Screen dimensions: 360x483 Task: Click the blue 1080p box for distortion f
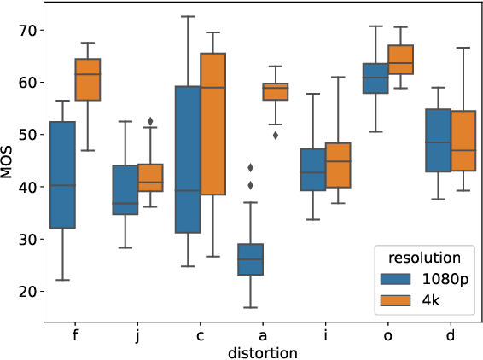click(x=62, y=175)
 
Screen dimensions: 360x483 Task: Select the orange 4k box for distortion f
click(x=88, y=79)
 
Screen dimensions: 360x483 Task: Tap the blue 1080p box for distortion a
click(x=250, y=258)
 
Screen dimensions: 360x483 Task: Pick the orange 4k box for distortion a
click(x=275, y=91)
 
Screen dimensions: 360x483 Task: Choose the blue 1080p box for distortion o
click(x=375, y=78)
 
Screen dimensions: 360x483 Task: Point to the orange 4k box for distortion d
click(x=463, y=141)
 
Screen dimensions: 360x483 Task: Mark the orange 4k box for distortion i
click(x=338, y=165)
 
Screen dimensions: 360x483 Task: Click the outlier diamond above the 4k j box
click(x=150, y=121)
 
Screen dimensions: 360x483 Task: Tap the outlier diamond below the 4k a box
click(x=275, y=135)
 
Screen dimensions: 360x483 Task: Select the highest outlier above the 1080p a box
click(x=250, y=167)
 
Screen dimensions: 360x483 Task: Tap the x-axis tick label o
click(x=387, y=334)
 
